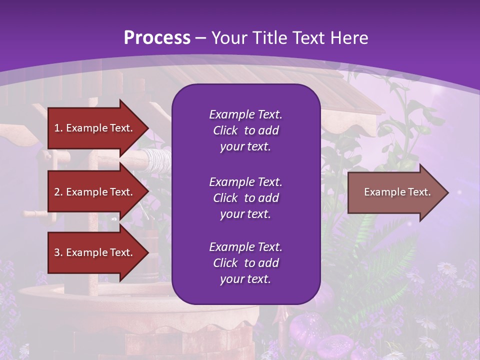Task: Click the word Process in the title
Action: (x=156, y=37)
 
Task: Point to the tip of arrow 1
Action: (x=147, y=128)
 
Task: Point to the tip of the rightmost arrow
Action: (x=447, y=192)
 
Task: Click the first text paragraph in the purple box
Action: (x=245, y=130)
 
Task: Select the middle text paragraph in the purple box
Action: (x=245, y=198)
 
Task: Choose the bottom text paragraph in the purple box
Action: (x=245, y=263)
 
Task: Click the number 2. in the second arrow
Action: (x=58, y=192)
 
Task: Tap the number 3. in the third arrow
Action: (x=58, y=252)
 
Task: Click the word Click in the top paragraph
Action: (x=225, y=130)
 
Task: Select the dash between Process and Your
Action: (x=200, y=38)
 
